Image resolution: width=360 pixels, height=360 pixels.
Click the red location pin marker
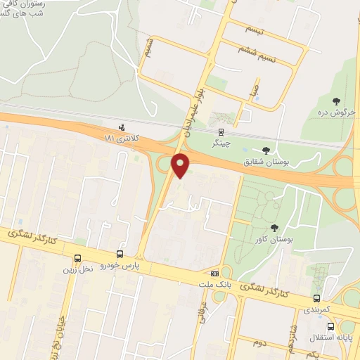(x=181, y=166)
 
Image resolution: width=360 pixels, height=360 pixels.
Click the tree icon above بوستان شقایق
(x=266, y=150)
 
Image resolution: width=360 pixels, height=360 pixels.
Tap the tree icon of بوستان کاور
(x=275, y=227)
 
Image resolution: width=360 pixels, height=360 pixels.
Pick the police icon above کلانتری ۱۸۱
(x=122, y=127)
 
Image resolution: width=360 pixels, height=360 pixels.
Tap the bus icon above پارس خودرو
(x=120, y=254)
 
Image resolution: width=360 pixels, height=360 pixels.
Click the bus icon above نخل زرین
(x=77, y=258)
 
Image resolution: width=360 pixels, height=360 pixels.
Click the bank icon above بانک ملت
(x=214, y=274)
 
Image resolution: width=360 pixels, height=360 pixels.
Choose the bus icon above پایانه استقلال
(x=330, y=326)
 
